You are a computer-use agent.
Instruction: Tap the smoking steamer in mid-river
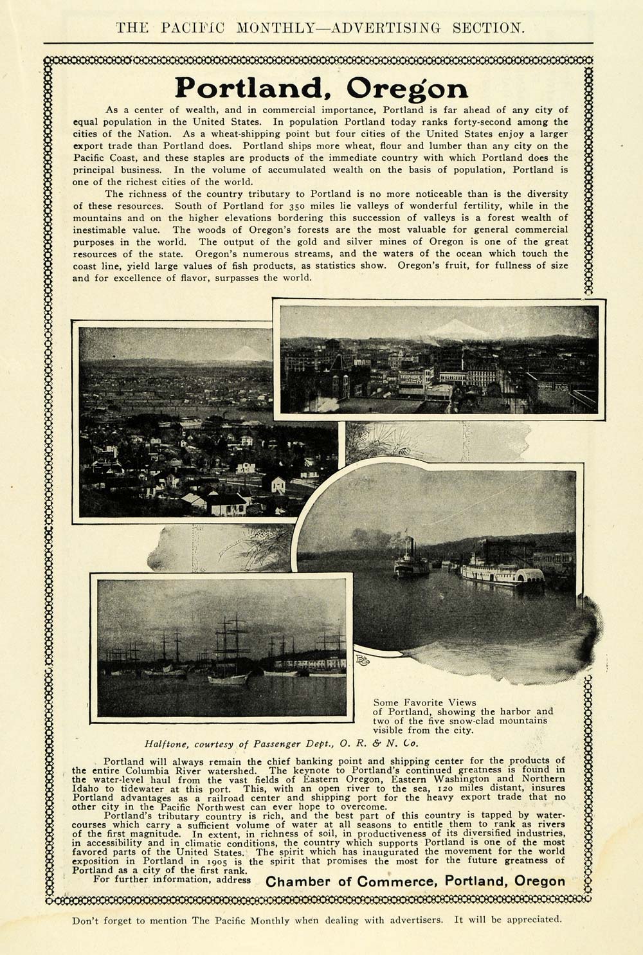[411, 564]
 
